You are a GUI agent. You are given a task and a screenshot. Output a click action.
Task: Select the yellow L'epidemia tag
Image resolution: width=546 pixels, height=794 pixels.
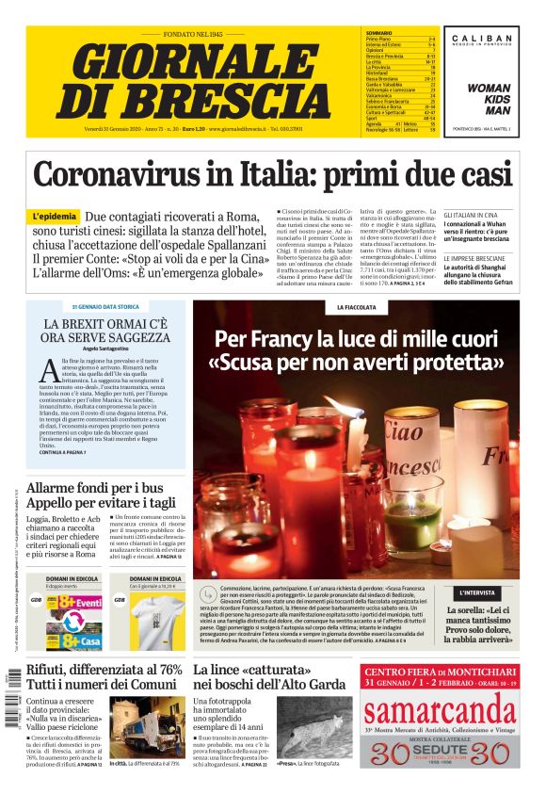(x=54, y=217)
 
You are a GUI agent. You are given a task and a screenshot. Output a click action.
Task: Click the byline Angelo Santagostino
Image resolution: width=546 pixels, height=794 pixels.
(x=105, y=348)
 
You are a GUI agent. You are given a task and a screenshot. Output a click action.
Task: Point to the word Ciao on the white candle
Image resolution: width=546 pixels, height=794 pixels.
(x=377, y=436)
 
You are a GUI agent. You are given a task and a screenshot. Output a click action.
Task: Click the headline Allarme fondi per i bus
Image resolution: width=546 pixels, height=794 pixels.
(x=94, y=488)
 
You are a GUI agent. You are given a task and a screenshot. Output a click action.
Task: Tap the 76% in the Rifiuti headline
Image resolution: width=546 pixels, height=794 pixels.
(x=165, y=670)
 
